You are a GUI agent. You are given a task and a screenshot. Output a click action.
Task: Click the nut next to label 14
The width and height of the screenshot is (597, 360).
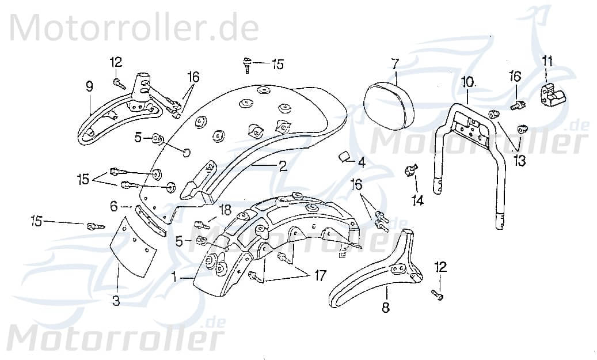point(410,170)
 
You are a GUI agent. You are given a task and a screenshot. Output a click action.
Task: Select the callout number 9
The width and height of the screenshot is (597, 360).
point(89,86)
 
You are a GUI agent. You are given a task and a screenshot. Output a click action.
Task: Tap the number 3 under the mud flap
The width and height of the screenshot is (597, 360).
point(116,301)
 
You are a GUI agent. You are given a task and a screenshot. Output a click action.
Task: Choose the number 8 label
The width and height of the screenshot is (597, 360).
point(385,307)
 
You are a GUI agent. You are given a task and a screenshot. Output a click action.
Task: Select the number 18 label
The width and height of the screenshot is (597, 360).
point(225,210)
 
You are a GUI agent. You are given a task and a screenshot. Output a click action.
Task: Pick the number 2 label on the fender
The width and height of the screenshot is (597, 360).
point(282,166)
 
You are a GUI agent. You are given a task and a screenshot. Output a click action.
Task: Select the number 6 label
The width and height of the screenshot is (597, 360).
point(113,205)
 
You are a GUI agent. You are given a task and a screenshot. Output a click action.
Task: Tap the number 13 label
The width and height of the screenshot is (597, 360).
point(520,161)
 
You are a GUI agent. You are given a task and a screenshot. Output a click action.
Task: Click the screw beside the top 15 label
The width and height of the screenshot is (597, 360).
point(246,65)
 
